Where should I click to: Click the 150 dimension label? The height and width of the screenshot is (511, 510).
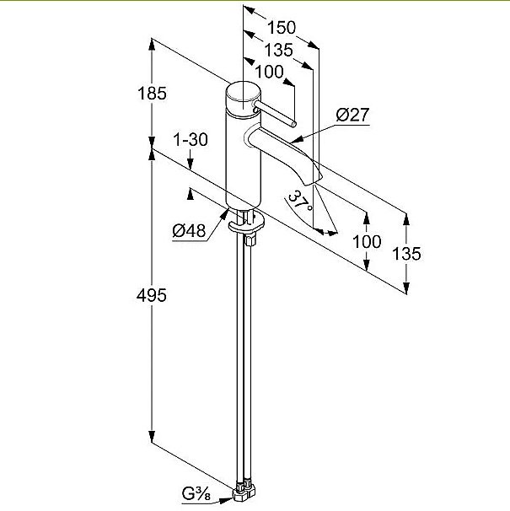click(x=282, y=27)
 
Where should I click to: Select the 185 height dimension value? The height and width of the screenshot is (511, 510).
click(x=152, y=94)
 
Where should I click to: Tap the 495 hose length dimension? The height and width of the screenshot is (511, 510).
click(x=152, y=296)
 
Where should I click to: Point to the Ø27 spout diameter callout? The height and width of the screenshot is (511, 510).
click(x=352, y=115)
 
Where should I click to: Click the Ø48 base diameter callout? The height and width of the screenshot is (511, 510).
click(x=189, y=231)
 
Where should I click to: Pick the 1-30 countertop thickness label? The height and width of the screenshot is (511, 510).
click(x=191, y=140)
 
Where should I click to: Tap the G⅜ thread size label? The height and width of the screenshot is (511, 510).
click(x=196, y=495)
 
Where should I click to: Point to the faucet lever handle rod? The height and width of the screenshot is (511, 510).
click(x=275, y=113)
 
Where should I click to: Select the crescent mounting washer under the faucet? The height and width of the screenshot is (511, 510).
click(x=246, y=223)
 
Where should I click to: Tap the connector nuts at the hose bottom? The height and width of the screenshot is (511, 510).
click(x=244, y=492)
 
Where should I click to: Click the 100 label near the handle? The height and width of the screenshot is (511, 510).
click(x=269, y=72)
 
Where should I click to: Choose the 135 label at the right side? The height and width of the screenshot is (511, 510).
click(x=406, y=254)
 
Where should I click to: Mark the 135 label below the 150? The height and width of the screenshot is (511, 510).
click(x=278, y=50)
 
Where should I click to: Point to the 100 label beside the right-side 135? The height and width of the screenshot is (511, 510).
click(x=367, y=241)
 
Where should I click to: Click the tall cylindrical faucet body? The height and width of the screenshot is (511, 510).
click(x=243, y=159)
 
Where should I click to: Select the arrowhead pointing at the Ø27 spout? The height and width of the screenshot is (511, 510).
click(x=298, y=140)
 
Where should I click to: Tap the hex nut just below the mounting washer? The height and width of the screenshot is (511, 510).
click(x=250, y=241)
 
